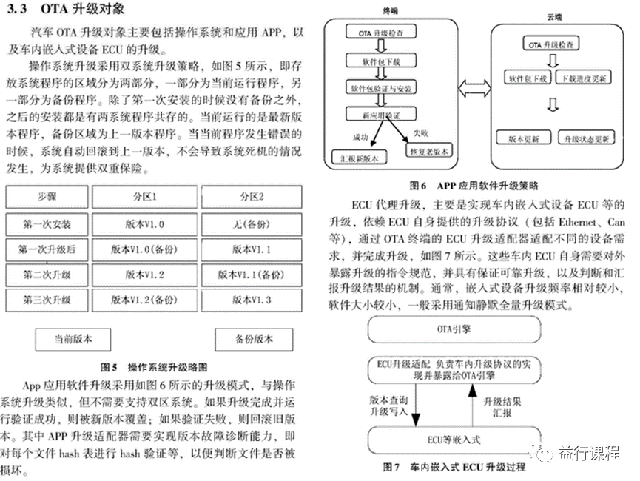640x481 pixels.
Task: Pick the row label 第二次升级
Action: click(x=47, y=275)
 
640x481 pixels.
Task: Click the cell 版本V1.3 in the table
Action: click(x=252, y=300)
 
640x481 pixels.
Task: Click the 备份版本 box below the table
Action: click(x=253, y=340)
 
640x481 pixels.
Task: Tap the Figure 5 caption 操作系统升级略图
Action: click(x=155, y=367)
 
